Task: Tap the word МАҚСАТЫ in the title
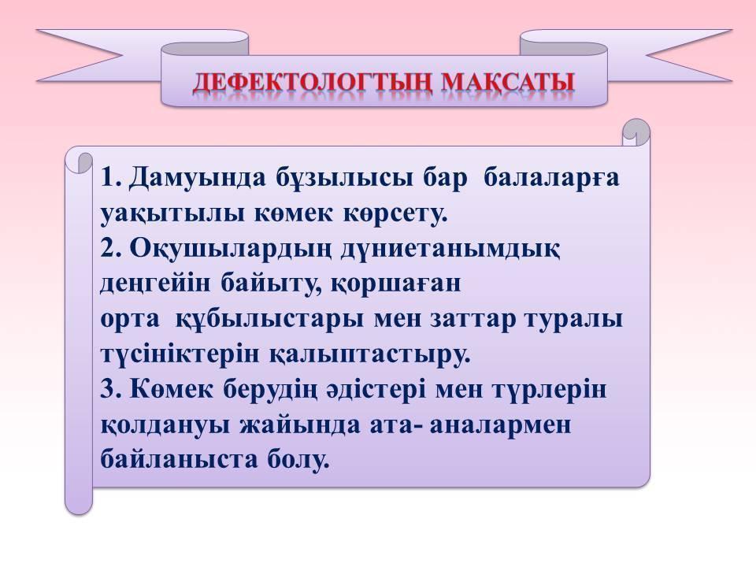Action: click(x=508, y=83)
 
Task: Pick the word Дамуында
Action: click(x=198, y=178)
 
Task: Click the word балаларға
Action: click(x=551, y=179)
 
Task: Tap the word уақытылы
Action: click(x=172, y=214)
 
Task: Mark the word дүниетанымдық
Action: click(x=450, y=250)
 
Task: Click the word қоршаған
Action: click(x=396, y=285)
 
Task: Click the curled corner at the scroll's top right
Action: click(x=636, y=132)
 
